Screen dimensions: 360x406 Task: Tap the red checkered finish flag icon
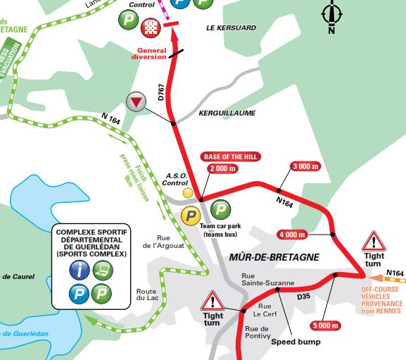[x=150, y=27]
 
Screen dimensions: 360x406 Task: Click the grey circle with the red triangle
[x=137, y=101]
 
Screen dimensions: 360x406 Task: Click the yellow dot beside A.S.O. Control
[x=187, y=192]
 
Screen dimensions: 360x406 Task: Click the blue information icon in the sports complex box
[x=79, y=268]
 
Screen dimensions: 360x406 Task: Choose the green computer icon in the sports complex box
[x=103, y=268]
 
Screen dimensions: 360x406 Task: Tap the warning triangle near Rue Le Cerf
[x=212, y=302]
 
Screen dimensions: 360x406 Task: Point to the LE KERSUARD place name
[x=231, y=27]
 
